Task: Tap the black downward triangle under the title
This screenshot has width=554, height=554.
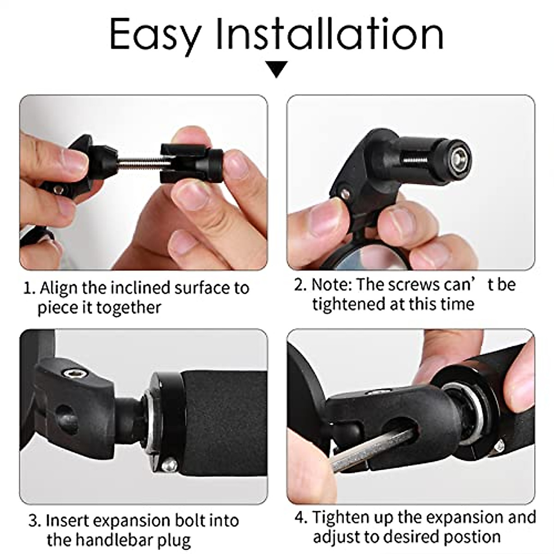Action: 277,69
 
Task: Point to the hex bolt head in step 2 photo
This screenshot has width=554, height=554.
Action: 460,157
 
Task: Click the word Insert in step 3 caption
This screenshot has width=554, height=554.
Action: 67,521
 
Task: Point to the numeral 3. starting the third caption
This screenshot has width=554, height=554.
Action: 35,521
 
